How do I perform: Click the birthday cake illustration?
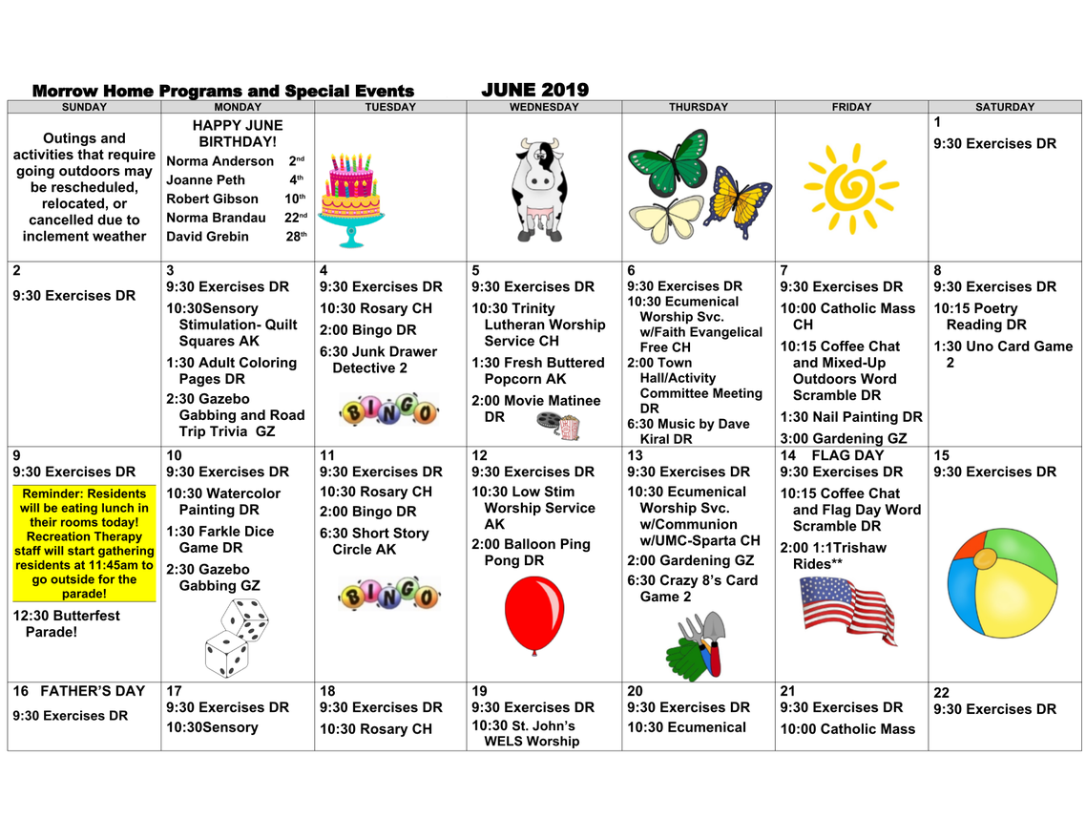tap(350, 199)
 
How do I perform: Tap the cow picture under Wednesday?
tap(540, 189)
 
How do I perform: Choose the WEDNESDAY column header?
tap(544, 108)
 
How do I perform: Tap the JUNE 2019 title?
tap(534, 91)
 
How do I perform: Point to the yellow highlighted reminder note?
tap(84, 543)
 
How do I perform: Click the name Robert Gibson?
tap(212, 199)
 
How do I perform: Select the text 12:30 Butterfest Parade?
tap(67, 623)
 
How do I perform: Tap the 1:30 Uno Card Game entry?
tap(1002, 354)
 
